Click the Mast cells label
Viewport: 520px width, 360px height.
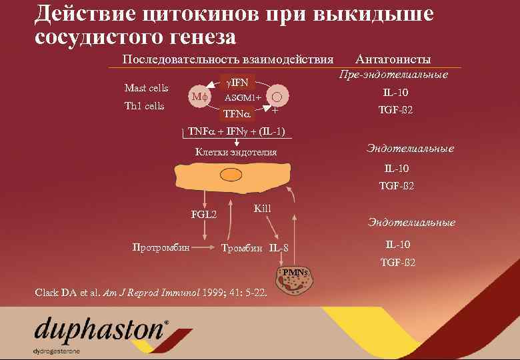coord(147,89)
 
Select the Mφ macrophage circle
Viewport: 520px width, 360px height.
coord(199,96)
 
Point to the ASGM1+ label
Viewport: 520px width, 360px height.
coord(243,98)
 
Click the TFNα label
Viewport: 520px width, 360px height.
coord(236,113)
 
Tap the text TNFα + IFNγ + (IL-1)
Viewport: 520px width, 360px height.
coord(237,131)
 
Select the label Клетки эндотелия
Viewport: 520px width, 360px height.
coord(235,153)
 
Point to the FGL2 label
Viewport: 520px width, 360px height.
coord(204,215)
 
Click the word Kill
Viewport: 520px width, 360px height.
coord(263,209)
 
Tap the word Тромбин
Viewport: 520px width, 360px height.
coord(242,249)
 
